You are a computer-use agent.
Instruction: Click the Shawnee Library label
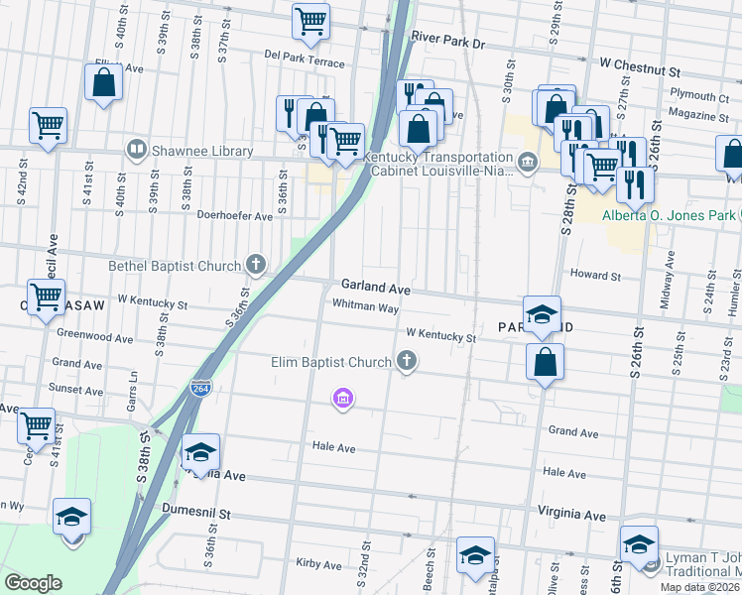click(202, 152)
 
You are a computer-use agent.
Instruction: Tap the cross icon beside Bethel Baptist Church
click(256, 265)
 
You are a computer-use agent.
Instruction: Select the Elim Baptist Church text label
click(331, 362)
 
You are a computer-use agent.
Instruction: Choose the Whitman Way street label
click(365, 306)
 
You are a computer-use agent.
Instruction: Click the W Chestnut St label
click(640, 72)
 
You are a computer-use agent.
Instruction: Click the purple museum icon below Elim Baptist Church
click(343, 399)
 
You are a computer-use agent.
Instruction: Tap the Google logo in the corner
click(33, 583)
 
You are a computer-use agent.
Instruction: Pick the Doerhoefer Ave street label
click(234, 215)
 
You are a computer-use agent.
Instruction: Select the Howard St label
click(594, 275)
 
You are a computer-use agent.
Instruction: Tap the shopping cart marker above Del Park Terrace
click(310, 22)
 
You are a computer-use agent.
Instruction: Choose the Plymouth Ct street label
click(698, 97)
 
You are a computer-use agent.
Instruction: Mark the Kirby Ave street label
click(318, 563)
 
